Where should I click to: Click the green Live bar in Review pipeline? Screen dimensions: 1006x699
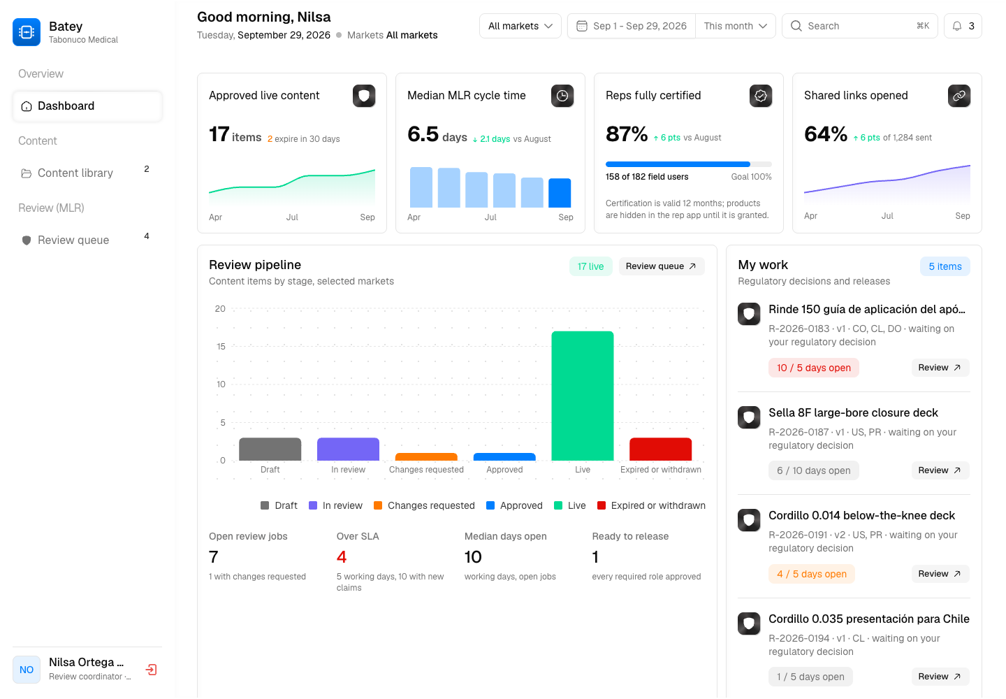583,396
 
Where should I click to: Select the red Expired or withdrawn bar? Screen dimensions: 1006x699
661,449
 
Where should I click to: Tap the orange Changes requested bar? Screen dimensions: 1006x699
426,456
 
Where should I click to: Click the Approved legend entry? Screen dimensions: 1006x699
515,505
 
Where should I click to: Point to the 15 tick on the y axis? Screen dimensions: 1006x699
221,347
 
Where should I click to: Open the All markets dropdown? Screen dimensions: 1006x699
520,26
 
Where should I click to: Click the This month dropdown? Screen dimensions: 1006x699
735,26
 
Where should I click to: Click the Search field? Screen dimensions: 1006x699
859,26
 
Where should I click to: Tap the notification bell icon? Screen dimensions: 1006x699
957,26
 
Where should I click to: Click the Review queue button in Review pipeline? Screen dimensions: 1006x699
661,266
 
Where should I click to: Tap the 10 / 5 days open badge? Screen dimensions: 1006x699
813,368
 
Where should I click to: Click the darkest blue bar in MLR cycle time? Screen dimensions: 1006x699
560,193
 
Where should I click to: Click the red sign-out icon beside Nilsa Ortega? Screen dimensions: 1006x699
152,670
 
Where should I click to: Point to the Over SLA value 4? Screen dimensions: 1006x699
342,557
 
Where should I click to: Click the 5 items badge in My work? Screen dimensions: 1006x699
945,266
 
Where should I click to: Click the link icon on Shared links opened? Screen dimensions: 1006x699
958,96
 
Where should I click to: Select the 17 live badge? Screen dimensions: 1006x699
590,266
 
